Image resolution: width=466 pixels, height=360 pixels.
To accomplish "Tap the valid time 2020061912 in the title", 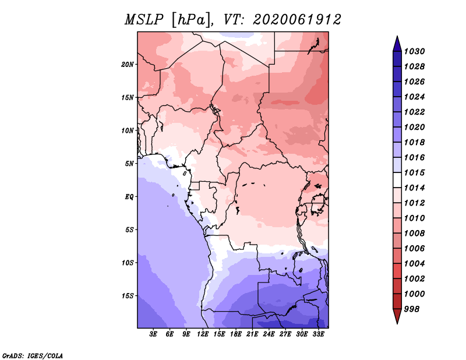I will (297, 20).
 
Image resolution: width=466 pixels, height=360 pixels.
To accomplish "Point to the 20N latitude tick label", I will (128, 64).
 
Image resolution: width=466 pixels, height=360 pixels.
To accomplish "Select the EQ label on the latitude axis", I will (129, 196).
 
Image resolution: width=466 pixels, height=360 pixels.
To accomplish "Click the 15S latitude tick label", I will (128, 295).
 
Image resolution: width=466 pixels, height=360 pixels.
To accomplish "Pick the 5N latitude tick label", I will (129, 163).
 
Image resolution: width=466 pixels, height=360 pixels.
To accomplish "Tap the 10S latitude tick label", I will (128, 263).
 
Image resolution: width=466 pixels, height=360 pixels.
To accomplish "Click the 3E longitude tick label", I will (154, 334).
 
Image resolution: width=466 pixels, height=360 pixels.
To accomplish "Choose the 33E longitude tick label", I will (317, 334).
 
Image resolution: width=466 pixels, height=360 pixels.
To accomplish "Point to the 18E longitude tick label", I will (236, 334).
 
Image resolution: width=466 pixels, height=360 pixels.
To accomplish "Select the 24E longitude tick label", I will (269, 334).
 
